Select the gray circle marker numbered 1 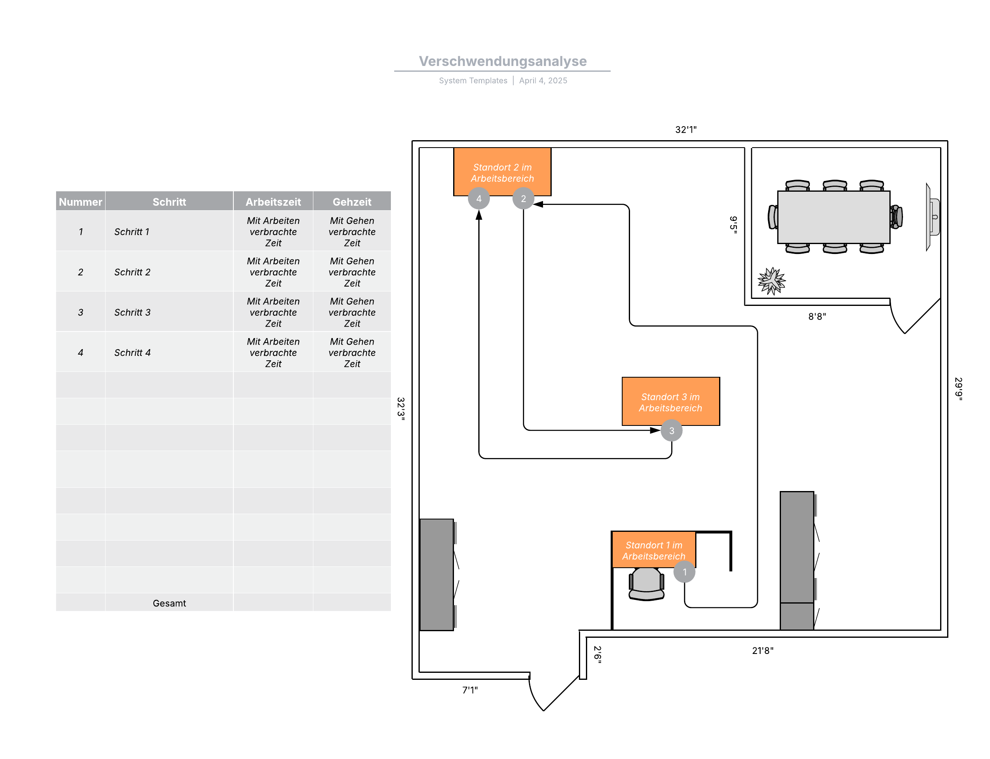click(x=684, y=571)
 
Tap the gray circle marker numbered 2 click(x=523, y=198)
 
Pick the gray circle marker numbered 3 click(x=671, y=430)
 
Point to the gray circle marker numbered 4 click(x=479, y=198)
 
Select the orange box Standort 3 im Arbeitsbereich click(x=670, y=401)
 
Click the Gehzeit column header click(x=352, y=202)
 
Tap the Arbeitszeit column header click(x=273, y=202)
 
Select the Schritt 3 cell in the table click(x=132, y=312)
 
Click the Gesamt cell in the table click(x=169, y=603)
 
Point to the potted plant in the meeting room click(x=771, y=281)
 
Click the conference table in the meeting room click(x=833, y=217)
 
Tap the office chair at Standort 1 click(x=646, y=584)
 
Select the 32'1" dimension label click(x=685, y=130)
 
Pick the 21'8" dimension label click(x=762, y=650)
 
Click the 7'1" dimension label click(x=470, y=689)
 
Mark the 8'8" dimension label click(x=816, y=316)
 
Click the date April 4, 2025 click(x=543, y=80)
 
